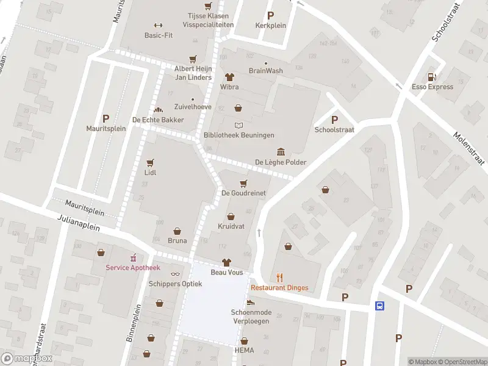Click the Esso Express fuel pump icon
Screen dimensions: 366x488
[432, 77]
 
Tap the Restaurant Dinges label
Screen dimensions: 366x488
[279, 288]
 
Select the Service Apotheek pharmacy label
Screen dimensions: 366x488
[133, 268]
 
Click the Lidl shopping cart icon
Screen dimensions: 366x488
[150, 163]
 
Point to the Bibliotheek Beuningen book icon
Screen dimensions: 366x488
[239, 125]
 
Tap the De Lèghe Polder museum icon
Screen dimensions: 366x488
[281, 152]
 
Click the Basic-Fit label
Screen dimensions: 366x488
[159, 35]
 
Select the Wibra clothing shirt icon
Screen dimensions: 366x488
[229, 77]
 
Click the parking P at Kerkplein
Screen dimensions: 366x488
[270, 16]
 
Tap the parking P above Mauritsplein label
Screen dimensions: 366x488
[106, 119]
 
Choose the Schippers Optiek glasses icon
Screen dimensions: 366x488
[176, 274]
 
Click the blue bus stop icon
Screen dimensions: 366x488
[379, 306]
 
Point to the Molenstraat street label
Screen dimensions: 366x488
[468, 148]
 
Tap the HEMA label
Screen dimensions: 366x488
[244, 350]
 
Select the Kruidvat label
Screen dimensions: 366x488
[231, 226]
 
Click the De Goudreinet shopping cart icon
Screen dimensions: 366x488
[243, 183]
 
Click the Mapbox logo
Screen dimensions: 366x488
[27, 358]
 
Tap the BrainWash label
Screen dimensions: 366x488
[265, 71]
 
